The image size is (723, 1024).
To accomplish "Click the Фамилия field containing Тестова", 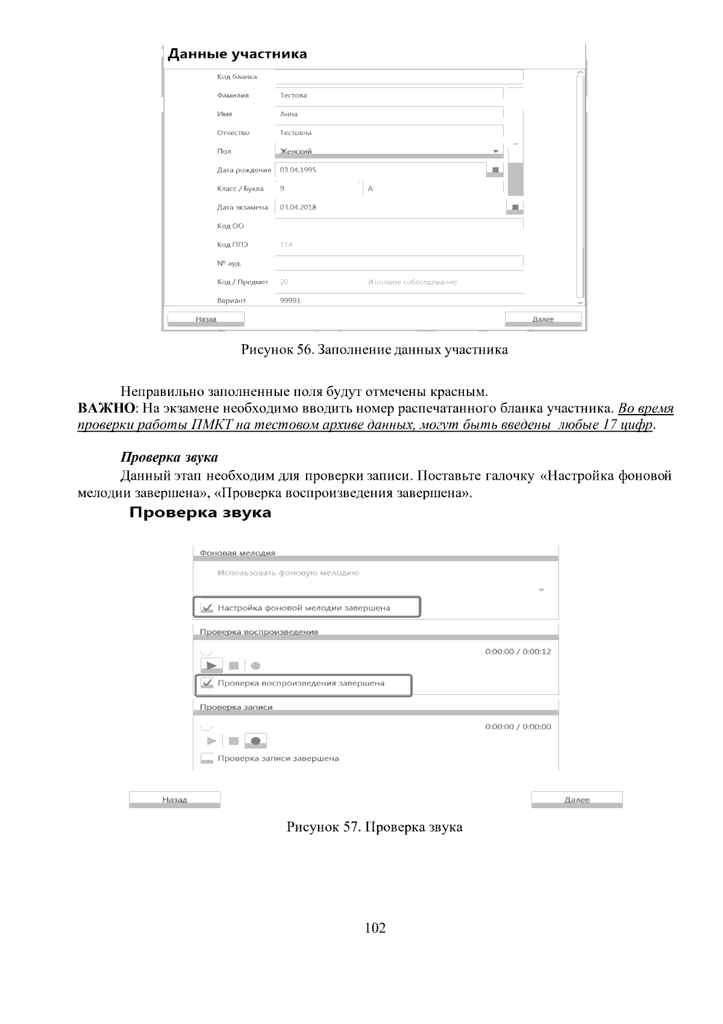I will pyautogui.click(x=389, y=95).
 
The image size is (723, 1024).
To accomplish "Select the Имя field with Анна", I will pyautogui.click(x=389, y=114).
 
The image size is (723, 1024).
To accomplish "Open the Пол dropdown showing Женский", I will pyautogui.click(x=389, y=151).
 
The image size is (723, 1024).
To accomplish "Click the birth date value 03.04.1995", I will pyautogui.click(x=298, y=170).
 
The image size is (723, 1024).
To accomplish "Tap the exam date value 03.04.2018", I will pyautogui.click(x=298, y=207).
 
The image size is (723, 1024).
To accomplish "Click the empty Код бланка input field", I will pyautogui.click(x=399, y=77).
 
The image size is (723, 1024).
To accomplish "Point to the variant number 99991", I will pyautogui.click(x=290, y=300).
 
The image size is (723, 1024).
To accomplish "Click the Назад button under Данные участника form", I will pyautogui.click(x=205, y=319).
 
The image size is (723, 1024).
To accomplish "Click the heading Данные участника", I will pyautogui.click(x=237, y=54).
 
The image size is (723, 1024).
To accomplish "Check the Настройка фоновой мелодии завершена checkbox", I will pyautogui.click(x=207, y=608).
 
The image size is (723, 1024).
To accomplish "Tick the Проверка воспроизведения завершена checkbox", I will pyautogui.click(x=207, y=683).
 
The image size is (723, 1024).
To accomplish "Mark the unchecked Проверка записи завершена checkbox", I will pyautogui.click(x=207, y=759).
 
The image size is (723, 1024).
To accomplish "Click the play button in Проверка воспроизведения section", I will pyautogui.click(x=211, y=666).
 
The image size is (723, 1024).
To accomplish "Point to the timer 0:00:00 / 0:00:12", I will pyautogui.click(x=518, y=652).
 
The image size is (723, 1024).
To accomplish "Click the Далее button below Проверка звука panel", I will pyautogui.click(x=577, y=800).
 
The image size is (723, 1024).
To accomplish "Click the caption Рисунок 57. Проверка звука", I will pyautogui.click(x=374, y=827).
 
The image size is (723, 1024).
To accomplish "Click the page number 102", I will pyautogui.click(x=375, y=928).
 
